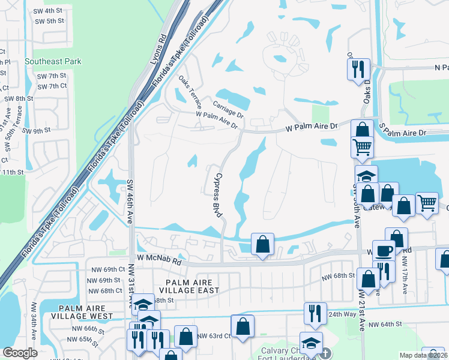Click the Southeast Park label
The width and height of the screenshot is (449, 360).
53,62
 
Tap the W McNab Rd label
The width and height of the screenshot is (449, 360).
158,259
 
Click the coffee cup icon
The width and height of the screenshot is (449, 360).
383,250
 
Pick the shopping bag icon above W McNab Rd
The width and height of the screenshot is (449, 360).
262,244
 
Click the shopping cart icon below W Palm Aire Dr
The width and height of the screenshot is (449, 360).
362,146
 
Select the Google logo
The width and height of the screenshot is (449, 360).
20,353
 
